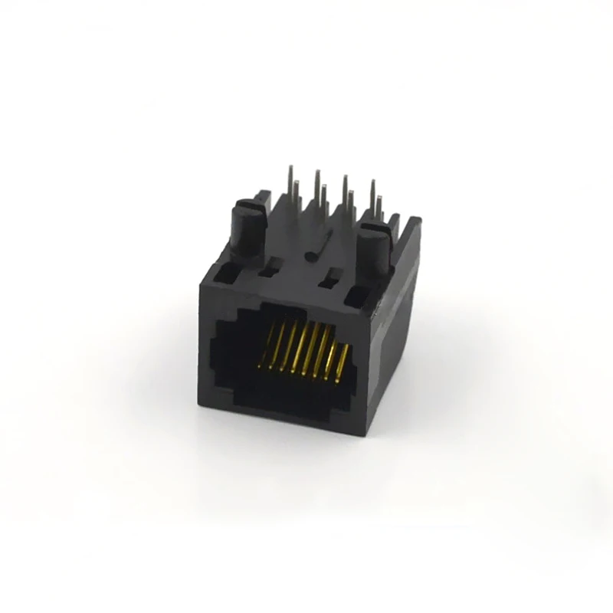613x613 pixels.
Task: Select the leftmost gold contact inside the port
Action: pyautogui.click(x=270, y=349)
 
